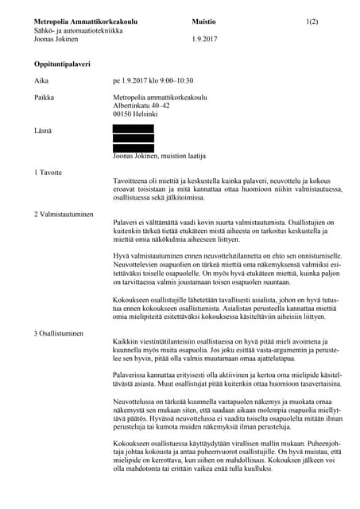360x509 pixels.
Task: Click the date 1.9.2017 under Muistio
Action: [205, 38]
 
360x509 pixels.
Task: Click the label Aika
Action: [41, 80]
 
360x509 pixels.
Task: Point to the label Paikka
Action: [45, 97]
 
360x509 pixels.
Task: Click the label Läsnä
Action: [43, 130]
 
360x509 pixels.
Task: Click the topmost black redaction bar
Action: [134, 128]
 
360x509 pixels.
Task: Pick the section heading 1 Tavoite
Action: [49, 172]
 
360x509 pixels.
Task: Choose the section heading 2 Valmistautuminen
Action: [64, 214]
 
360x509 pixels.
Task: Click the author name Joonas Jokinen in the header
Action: [56, 38]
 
